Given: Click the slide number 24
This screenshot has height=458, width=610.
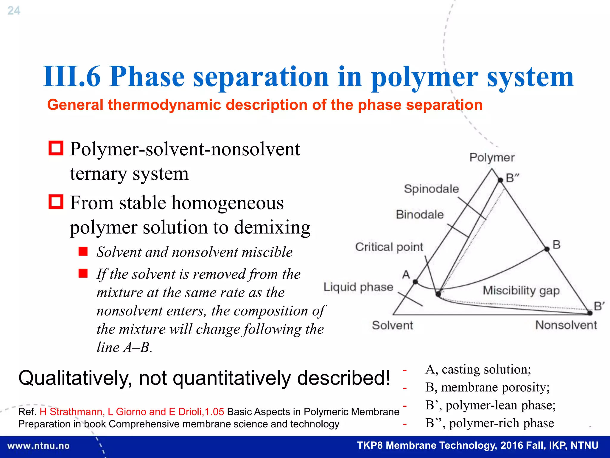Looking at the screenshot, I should (x=14, y=11).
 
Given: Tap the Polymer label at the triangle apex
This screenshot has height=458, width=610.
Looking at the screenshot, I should (x=492, y=157).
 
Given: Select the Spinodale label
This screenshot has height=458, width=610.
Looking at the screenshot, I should (x=431, y=189).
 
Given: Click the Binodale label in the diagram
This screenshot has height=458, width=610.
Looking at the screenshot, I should (x=419, y=214).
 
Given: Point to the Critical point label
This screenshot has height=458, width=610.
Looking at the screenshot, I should (x=389, y=247).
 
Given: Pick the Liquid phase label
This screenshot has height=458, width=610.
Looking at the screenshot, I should (x=358, y=287).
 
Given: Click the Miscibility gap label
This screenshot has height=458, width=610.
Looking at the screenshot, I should (x=521, y=290).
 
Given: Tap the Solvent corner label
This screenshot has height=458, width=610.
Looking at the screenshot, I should (x=392, y=325).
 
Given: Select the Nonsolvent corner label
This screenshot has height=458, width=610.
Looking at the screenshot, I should (x=566, y=325).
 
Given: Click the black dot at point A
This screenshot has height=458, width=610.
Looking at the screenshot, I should (x=415, y=282).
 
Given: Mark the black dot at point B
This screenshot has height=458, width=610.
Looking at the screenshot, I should (x=547, y=249).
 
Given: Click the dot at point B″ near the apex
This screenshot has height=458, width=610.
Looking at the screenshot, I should (x=501, y=180).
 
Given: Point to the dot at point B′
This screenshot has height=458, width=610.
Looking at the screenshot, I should (x=590, y=313).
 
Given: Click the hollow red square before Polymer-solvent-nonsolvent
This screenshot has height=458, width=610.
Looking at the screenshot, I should (x=56, y=148).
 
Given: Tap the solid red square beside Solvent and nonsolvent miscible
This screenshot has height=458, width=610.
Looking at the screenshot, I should (x=83, y=252).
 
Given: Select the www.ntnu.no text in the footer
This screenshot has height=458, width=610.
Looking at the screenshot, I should (x=38, y=446).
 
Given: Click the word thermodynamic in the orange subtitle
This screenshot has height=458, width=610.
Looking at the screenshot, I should (x=164, y=105).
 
